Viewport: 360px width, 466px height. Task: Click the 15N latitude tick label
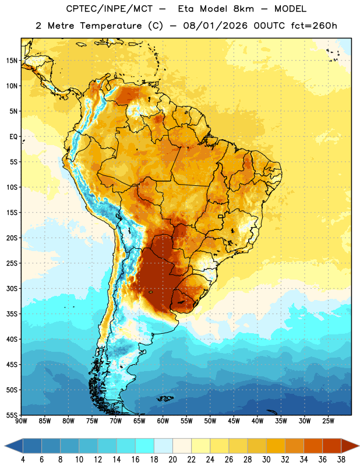coord(12,61)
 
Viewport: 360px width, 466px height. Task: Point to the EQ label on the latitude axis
coord(13,137)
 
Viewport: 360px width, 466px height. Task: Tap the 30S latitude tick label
coord(12,288)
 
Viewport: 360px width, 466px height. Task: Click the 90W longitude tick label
coord(22,421)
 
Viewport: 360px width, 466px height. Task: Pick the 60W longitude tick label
coord(163,421)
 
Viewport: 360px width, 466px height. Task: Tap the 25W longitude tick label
coord(328,421)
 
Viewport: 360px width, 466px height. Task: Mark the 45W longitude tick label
coord(234,421)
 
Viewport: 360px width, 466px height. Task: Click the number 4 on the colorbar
coord(23,460)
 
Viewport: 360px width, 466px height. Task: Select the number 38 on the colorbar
coord(341,460)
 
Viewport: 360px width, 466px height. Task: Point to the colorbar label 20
coord(172,460)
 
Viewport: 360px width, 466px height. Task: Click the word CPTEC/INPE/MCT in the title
coord(109,9)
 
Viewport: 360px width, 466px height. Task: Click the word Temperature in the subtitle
coord(111,26)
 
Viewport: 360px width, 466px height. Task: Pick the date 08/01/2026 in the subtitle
coord(215,26)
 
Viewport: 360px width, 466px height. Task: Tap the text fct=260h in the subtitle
coord(314,26)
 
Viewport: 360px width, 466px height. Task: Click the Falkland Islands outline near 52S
coord(165,398)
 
